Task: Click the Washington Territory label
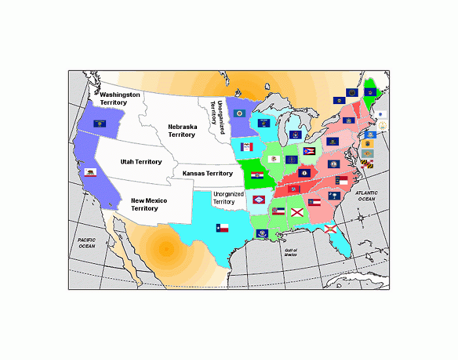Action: (x=120, y=99)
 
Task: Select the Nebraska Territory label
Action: (x=182, y=130)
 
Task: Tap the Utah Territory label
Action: (x=141, y=162)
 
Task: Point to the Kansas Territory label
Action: (x=207, y=173)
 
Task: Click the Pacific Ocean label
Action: (x=87, y=243)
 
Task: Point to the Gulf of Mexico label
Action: (x=291, y=253)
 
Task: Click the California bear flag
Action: (x=91, y=172)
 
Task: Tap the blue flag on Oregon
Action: (x=99, y=123)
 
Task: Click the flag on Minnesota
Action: (x=239, y=113)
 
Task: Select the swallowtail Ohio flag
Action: (x=309, y=151)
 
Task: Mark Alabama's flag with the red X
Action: (x=298, y=212)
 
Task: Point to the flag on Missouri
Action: (x=257, y=176)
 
